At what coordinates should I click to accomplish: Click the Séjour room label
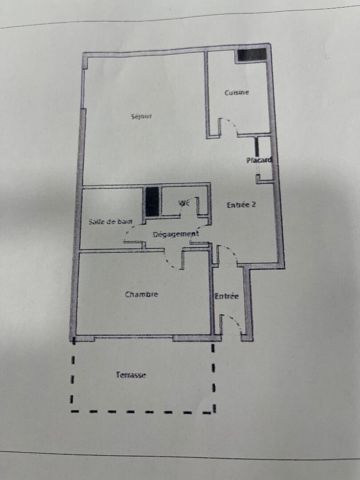tap(141, 117)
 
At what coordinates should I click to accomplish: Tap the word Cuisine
tap(236, 93)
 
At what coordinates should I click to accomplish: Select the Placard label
tap(259, 160)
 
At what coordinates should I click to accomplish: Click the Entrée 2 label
tap(241, 205)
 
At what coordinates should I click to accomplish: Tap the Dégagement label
tap(176, 234)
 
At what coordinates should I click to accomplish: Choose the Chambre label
tap(141, 295)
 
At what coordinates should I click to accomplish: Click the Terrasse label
tap(131, 375)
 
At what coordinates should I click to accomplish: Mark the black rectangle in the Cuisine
tap(252, 55)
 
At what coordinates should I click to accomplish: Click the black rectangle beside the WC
tap(152, 202)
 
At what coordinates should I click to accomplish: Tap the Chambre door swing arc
tap(169, 260)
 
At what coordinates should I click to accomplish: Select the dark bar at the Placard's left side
tap(257, 148)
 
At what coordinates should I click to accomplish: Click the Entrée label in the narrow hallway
tap(227, 296)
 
